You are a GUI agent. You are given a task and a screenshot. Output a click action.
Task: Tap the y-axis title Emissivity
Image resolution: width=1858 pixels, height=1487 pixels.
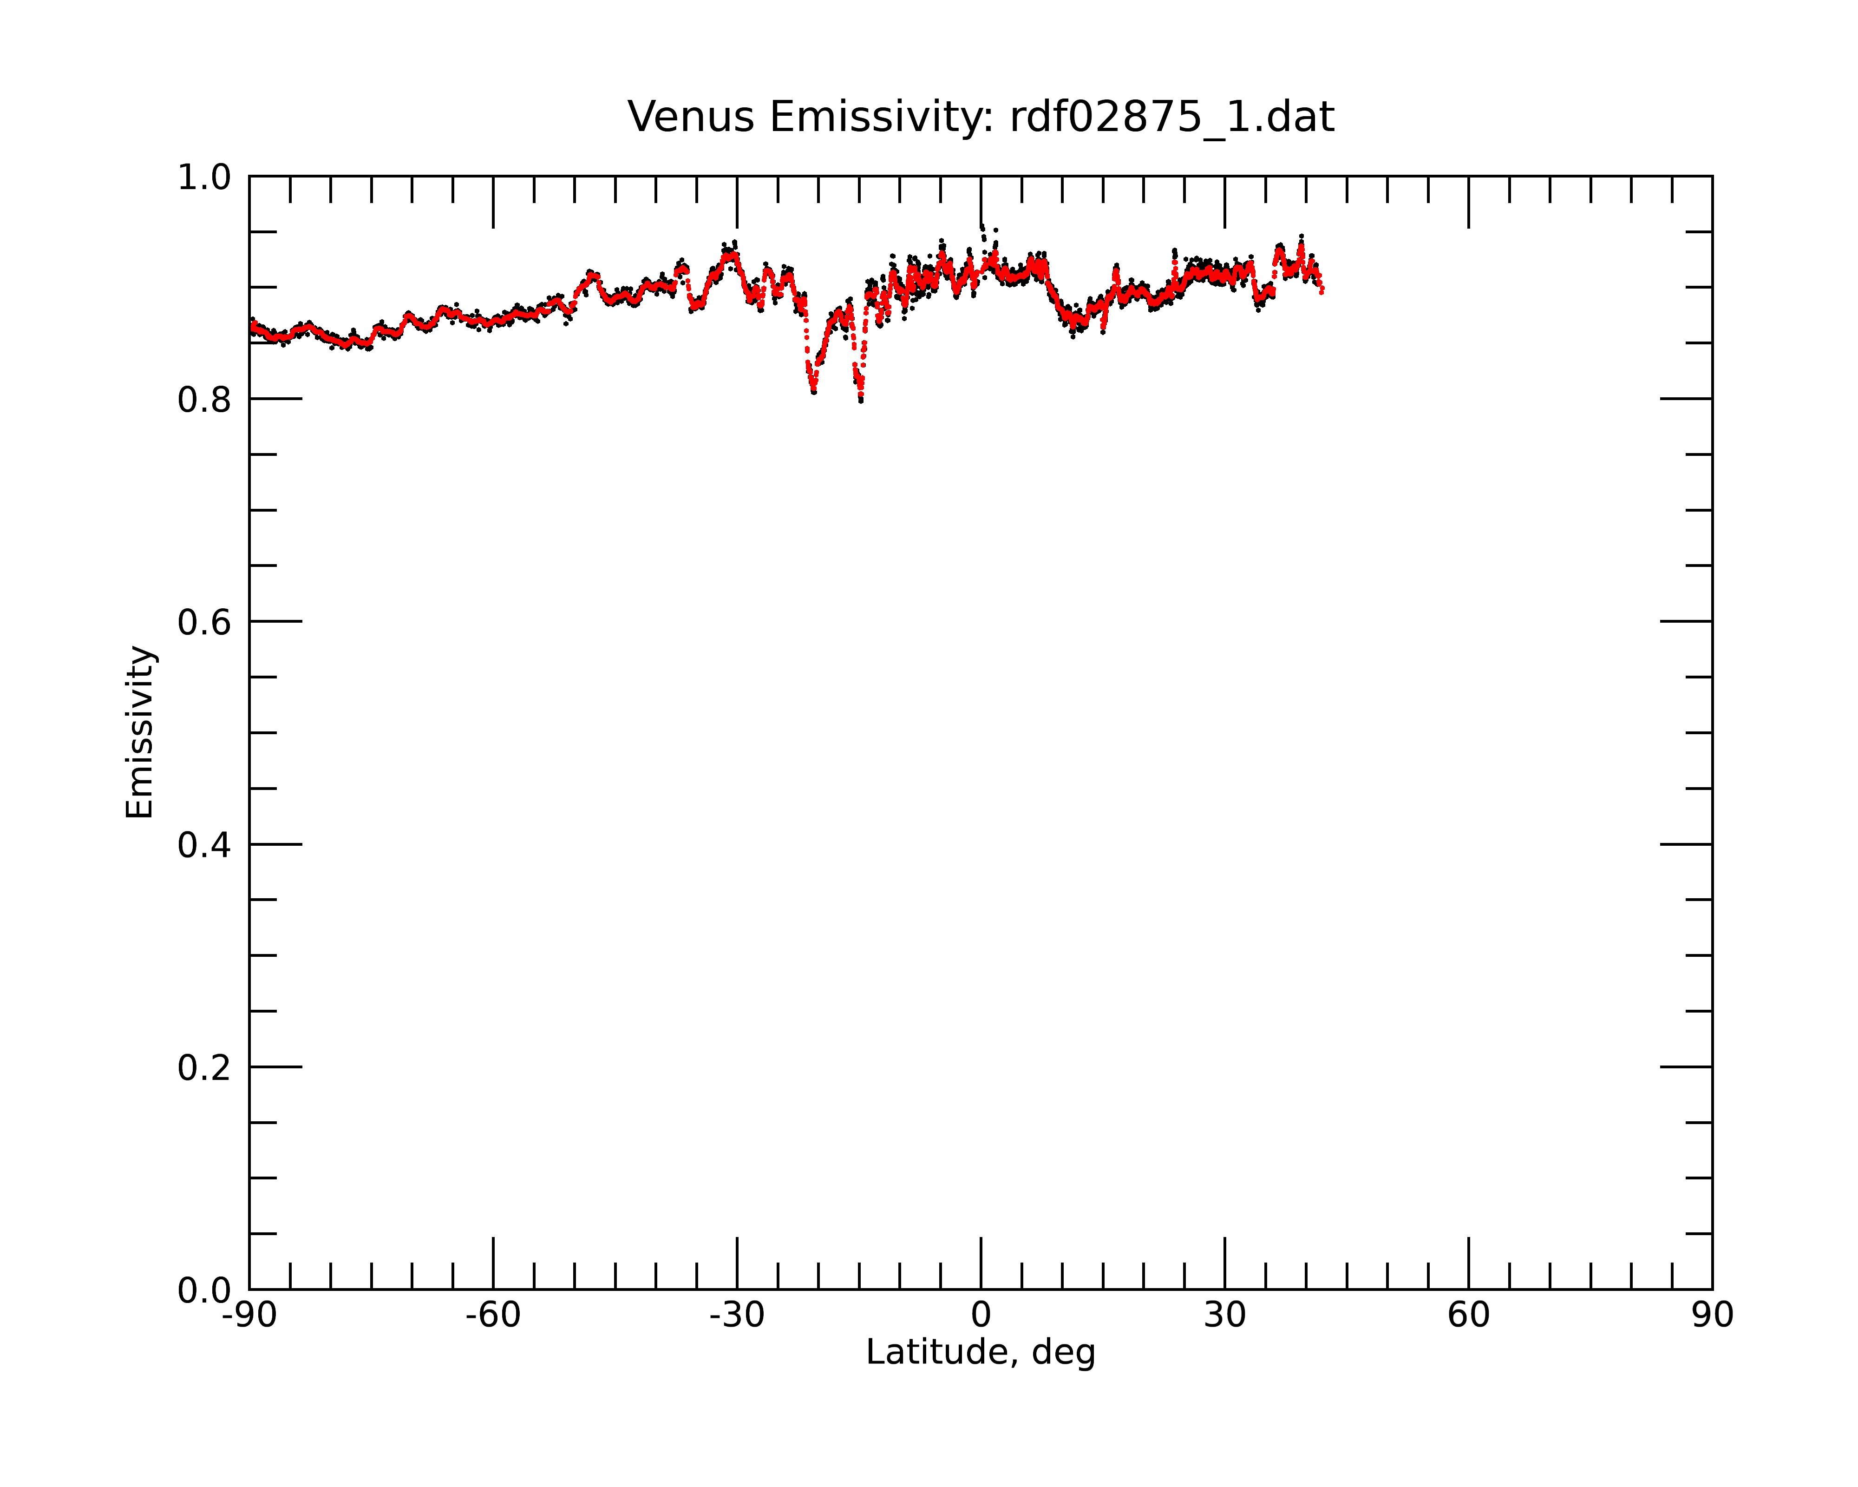[140, 732]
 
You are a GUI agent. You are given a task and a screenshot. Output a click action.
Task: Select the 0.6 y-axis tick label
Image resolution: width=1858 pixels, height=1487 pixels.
[204, 622]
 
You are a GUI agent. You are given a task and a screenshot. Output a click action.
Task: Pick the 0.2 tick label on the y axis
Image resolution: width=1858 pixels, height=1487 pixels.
[204, 1068]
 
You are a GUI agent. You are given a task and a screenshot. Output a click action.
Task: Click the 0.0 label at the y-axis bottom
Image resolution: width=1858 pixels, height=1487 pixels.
[204, 1290]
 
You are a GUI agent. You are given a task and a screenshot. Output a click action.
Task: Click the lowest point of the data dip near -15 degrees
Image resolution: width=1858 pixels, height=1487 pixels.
[861, 401]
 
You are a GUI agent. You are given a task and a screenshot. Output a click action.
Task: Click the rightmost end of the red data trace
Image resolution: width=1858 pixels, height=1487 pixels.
[1322, 292]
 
